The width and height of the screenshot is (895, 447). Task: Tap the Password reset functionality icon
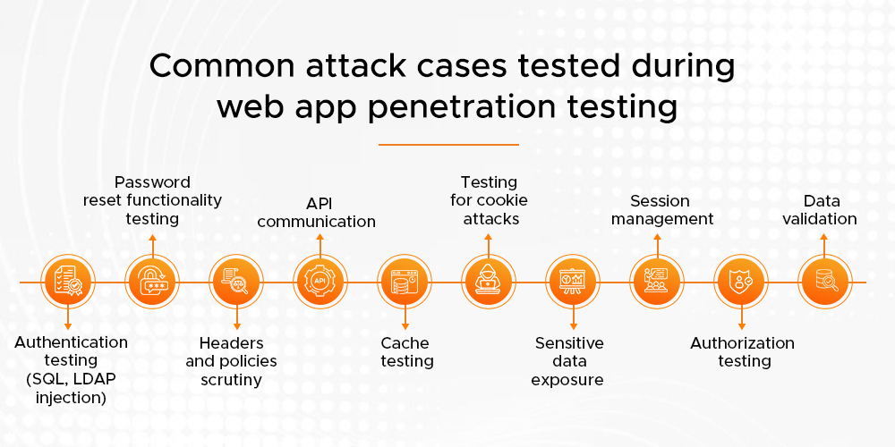click(x=152, y=282)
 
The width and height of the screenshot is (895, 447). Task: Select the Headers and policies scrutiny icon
click(x=236, y=282)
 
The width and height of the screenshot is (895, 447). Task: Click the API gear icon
click(x=320, y=282)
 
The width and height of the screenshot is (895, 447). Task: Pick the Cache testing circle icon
click(x=405, y=282)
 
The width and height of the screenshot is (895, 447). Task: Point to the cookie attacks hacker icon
click(x=489, y=282)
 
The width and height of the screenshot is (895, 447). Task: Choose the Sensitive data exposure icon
click(x=573, y=282)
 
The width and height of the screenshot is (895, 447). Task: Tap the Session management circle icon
click(x=657, y=282)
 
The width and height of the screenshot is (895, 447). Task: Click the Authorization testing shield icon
click(x=741, y=282)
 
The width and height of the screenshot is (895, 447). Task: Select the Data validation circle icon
click(x=824, y=282)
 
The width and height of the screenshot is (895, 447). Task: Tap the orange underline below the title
click(x=448, y=144)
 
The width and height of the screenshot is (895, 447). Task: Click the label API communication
click(x=317, y=211)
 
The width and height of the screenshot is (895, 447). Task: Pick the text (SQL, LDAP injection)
click(x=71, y=387)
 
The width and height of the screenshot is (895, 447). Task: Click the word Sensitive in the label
click(x=569, y=343)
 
